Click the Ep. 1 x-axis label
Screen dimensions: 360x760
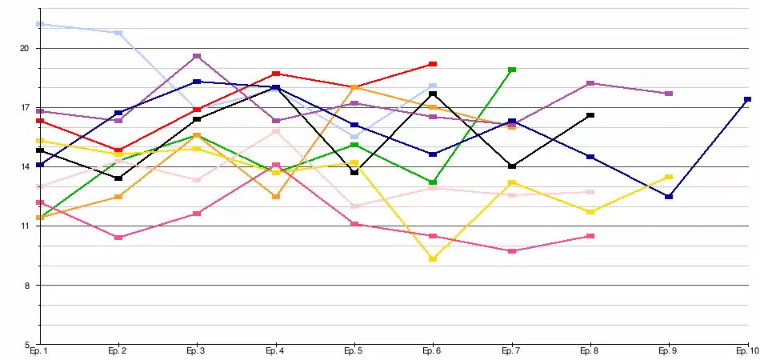38,351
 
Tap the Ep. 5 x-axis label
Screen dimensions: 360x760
354,351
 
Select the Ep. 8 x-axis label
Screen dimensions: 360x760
590,351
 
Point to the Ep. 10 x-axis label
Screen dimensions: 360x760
746,351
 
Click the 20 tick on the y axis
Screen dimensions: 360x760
24,48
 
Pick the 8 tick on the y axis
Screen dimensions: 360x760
26,286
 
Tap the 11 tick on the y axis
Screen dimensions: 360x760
24,226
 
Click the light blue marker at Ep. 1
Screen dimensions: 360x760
39,24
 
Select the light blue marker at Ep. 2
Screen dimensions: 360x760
118,33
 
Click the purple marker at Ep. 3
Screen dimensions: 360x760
197,56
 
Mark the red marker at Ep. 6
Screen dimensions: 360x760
433,63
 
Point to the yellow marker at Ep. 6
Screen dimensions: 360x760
433,259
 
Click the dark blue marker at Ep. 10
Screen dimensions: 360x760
747,99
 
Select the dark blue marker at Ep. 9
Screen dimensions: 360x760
669,197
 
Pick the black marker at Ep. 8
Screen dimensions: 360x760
590,115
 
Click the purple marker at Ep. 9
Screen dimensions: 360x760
669,94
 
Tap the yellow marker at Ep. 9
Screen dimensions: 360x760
669,177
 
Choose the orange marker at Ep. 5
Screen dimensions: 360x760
354,87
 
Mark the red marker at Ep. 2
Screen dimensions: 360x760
118,150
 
